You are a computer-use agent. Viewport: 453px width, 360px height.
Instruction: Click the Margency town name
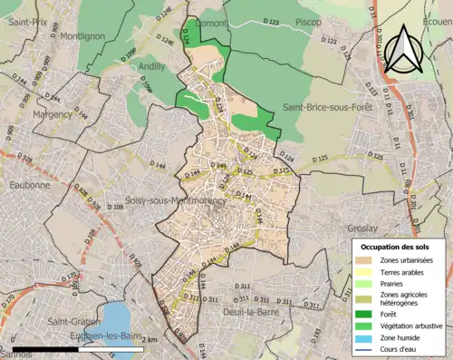tap(51, 115)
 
